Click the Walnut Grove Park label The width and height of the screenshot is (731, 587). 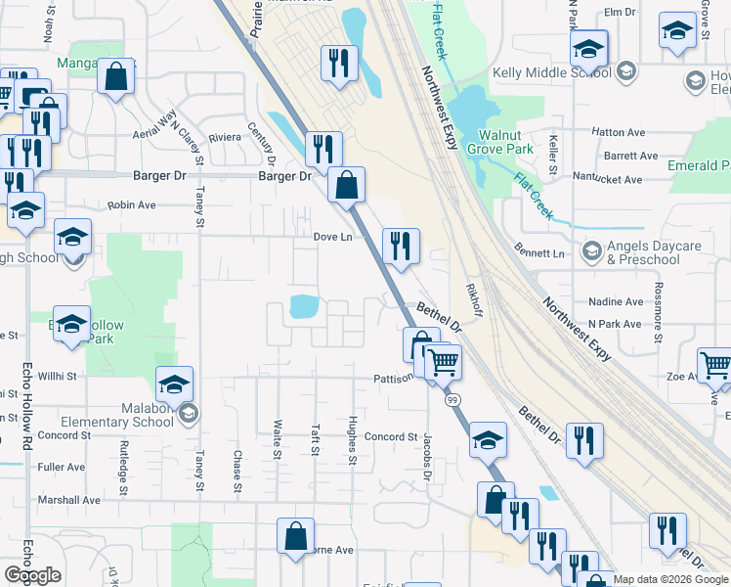coord(505,141)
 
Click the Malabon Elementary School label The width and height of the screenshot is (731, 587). coord(120,415)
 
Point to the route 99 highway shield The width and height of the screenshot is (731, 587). coord(452,400)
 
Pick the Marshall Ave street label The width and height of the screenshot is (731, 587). coord(69,499)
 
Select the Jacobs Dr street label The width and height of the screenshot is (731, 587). coord(427,457)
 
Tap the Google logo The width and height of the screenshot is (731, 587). coord(32,574)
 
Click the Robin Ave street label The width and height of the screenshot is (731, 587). coord(132,205)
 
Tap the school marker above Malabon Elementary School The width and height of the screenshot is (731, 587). coord(174,384)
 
